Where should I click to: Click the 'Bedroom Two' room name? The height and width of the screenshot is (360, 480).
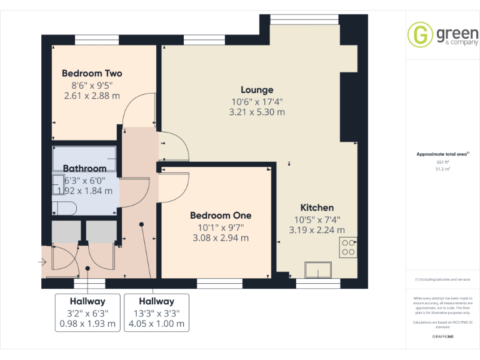[x=92, y=73]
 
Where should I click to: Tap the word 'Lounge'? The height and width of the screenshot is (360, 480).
[x=257, y=90]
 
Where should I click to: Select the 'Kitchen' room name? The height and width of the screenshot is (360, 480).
[x=317, y=207]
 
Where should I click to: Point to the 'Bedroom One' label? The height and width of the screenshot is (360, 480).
[x=221, y=216]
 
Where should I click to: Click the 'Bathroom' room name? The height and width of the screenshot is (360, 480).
[x=84, y=169]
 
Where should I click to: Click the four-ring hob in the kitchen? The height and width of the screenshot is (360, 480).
[x=348, y=247]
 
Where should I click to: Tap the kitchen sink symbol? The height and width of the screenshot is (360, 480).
[x=318, y=270]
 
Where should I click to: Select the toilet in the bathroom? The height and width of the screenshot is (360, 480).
[x=64, y=208]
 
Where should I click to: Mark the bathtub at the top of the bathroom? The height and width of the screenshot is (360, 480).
[x=84, y=154]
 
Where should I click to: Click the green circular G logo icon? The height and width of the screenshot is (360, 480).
[x=419, y=34]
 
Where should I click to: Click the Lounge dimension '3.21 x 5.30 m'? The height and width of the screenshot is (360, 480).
[x=257, y=112]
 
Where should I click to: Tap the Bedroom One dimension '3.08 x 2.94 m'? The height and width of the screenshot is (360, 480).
[x=221, y=237]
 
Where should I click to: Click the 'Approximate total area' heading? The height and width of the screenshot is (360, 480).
[x=441, y=154]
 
